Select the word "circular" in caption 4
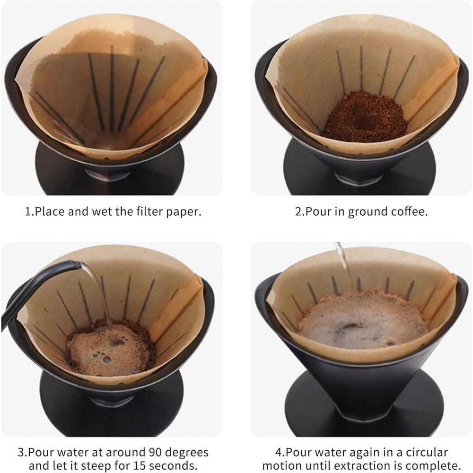pos(425,452)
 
